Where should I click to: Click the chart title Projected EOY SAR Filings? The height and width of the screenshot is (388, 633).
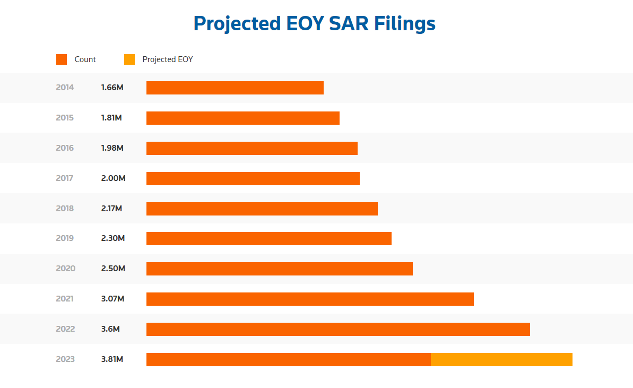pos(314,24)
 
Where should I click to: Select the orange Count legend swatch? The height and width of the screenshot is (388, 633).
pos(62,59)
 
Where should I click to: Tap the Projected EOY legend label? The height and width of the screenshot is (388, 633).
pos(168,59)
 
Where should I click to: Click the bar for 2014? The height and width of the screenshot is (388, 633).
pos(235,88)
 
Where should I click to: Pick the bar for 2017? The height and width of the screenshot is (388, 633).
pos(253,178)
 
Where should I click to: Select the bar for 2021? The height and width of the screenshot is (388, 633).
pos(310,299)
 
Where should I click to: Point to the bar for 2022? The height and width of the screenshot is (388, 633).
pos(338,329)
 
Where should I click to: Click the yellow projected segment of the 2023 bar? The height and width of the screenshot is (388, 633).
pos(501,359)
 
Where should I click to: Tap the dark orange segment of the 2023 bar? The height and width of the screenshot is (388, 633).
pos(288,359)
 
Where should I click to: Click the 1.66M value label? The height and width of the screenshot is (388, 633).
pos(112,88)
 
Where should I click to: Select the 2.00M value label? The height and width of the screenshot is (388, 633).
pos(113,178)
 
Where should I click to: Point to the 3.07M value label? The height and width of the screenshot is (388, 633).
pos(112,299)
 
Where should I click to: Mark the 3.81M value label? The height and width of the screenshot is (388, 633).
pos(112,359)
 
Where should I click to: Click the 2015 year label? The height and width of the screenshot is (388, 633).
pos(65,118)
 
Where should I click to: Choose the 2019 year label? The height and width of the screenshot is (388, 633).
pos(65,238)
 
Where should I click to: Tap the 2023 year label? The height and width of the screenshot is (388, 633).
pos(65,359)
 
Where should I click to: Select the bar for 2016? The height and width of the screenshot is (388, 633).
pos(252,148)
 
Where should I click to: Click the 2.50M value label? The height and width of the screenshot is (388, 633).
pos(113,269)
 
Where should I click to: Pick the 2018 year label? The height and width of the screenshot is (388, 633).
pos(65,209)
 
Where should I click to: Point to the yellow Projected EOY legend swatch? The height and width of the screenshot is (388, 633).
pos(129,59)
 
